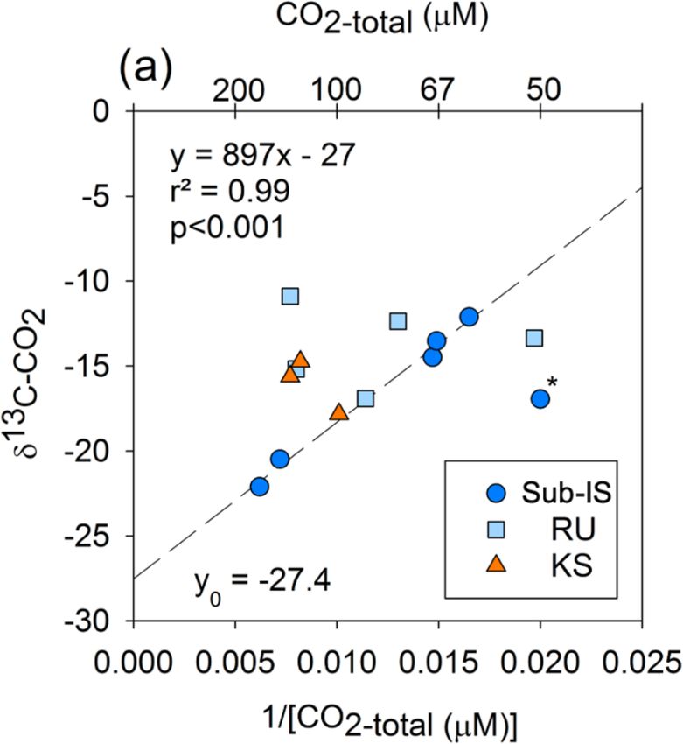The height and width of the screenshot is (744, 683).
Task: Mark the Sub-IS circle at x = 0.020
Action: (540, 398)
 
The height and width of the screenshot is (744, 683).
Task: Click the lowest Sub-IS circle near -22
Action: (260, 487)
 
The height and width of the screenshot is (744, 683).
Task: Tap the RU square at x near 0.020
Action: (534, 338)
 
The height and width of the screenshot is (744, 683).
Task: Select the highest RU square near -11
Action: (290, 296)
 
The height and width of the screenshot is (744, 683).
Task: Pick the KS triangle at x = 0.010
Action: (339, 411)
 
